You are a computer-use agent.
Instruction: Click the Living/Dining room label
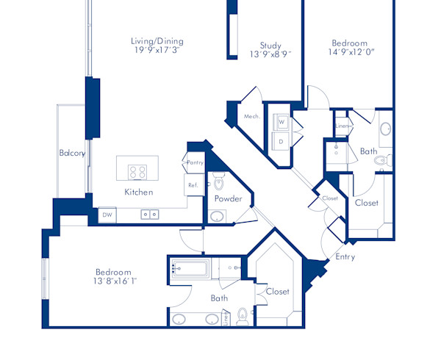coord(157,41)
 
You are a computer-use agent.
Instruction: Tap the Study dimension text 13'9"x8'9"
coord(261,54)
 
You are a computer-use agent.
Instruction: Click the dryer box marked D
coord(282,140)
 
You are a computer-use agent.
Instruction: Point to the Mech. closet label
coord(251,116)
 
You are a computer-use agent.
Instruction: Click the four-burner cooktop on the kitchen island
coord(137,172)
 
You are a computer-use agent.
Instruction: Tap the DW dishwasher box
coord(107,215)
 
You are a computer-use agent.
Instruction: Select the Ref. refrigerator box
coord(193,185)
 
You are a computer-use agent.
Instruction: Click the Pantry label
coord(195,162)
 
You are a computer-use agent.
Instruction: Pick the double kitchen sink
coord(151,215)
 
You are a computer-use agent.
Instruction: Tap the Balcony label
coord(72,154)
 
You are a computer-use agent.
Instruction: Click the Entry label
coord(345,257)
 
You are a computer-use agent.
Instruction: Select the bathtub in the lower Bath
coord(192,269)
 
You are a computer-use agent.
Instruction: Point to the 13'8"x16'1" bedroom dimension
coord(115,281)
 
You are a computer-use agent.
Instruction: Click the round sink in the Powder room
coord(218,217)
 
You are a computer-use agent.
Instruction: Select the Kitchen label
coord(138,192)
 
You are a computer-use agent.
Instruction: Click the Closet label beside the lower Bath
coord(278,292)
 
